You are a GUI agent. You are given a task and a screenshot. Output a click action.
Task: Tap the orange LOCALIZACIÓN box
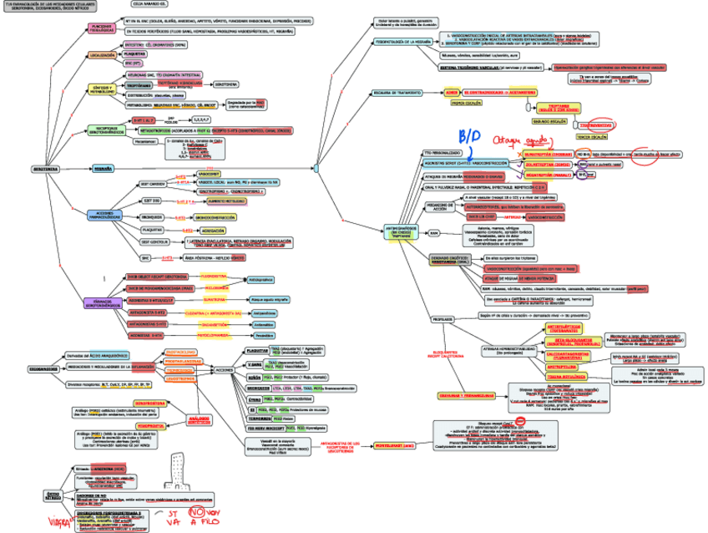pos(101,55)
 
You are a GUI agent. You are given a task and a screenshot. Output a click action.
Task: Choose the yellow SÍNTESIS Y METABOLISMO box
pos(101,88)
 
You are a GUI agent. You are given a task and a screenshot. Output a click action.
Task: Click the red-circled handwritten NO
pos(199,512)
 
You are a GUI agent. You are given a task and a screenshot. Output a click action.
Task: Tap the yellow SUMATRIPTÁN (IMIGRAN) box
pos(548,155)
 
